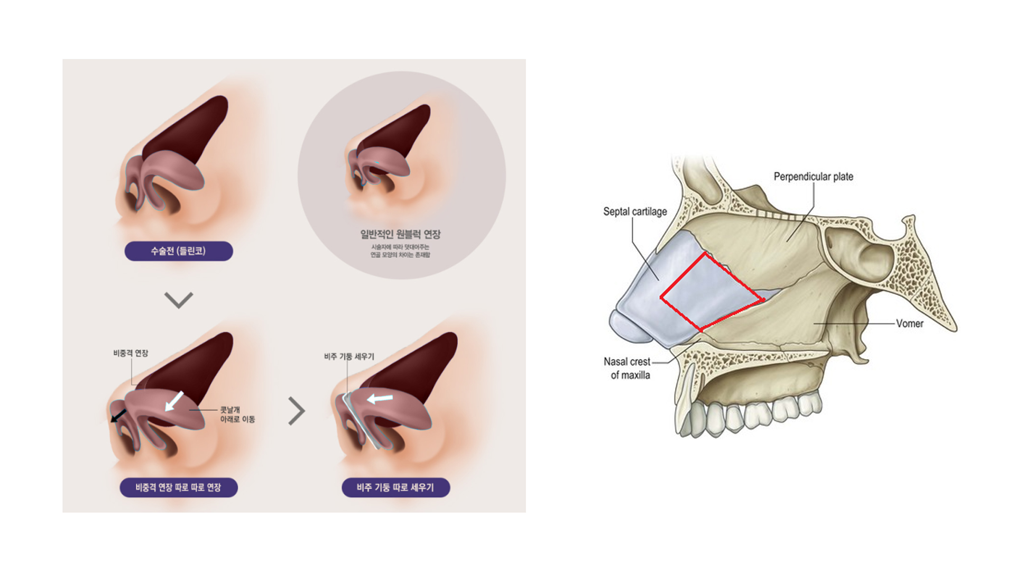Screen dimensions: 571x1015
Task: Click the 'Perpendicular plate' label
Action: (x=813, y=177)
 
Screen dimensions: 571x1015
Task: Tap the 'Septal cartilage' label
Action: (x=635, y=211)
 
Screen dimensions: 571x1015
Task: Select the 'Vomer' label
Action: (x=909, y=324)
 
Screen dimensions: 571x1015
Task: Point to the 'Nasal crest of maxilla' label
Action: (x=628, y=368)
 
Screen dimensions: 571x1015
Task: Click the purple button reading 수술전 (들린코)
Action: (x=179, y=251)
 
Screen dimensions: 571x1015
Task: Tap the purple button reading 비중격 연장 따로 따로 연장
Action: (x=179, y=487)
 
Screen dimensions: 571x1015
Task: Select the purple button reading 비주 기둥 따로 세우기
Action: (x=395, y=487)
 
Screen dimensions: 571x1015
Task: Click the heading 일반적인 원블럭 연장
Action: (x=400, y=234)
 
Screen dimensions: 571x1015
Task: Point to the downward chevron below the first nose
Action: (x=179, y=300)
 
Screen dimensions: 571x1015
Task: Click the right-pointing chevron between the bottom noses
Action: (x=297, y=411)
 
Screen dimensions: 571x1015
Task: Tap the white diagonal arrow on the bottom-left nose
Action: (x=174, y=401)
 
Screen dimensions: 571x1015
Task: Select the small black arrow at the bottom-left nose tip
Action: (x=118, y=416)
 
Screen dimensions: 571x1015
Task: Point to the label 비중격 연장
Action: (x=131, y=353)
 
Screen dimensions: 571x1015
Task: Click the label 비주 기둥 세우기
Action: (x=349, y=357)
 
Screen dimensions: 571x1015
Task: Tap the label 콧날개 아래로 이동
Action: (x=237, y=415)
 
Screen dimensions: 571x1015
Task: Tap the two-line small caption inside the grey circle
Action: (x=400, y=251)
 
